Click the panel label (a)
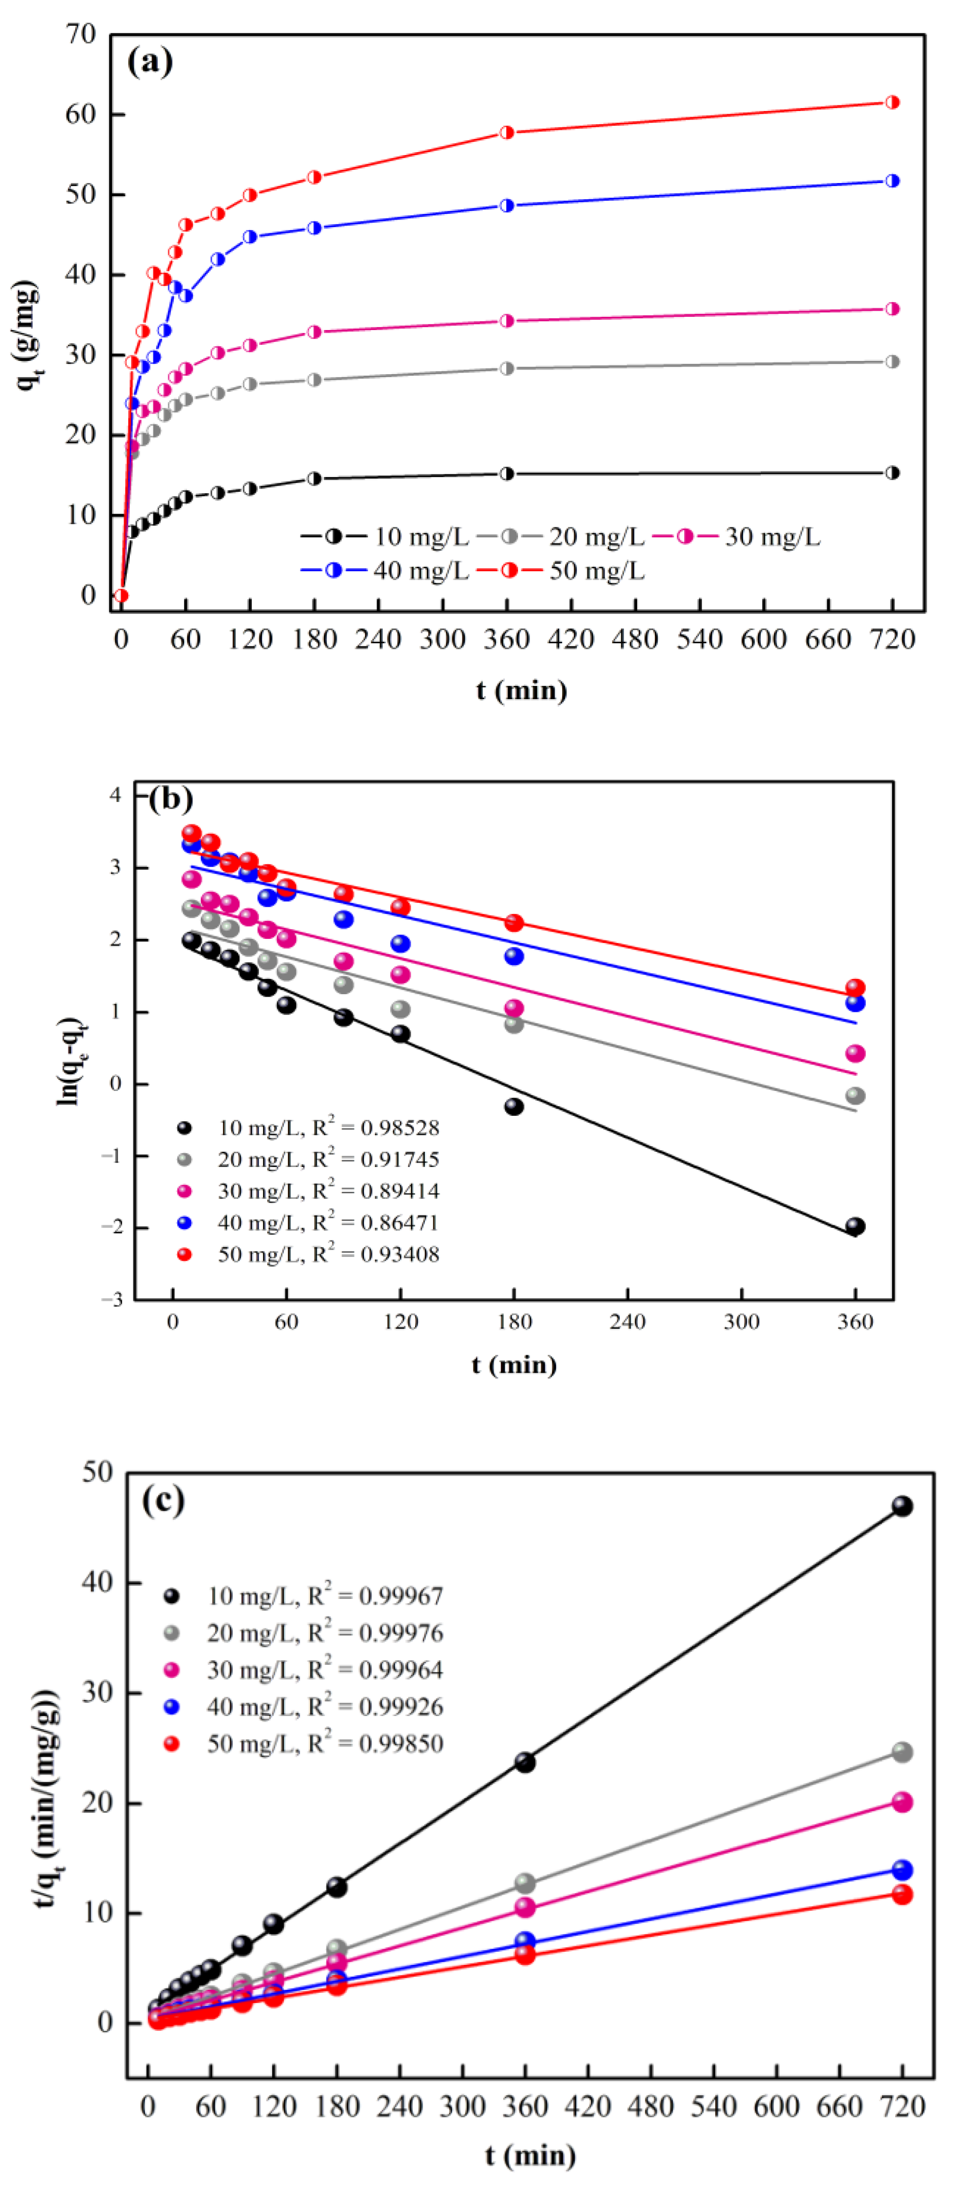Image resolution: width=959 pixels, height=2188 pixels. (150, 61)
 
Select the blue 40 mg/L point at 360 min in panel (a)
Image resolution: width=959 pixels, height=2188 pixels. (507, 205)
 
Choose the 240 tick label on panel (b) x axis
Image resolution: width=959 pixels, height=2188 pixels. (627, 1322)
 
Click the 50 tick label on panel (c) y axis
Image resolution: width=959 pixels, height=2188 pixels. (98, 1473)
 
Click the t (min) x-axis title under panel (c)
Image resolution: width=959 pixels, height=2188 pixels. (531, 2155)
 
